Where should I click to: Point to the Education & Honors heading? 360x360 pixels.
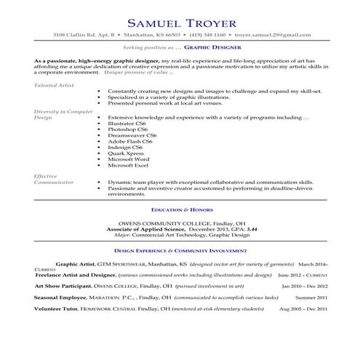[180, 209]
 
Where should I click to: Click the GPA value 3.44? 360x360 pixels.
[252, 229]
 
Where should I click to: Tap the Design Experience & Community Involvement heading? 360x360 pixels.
[180, 247]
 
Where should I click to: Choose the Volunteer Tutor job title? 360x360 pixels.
[55, 309]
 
